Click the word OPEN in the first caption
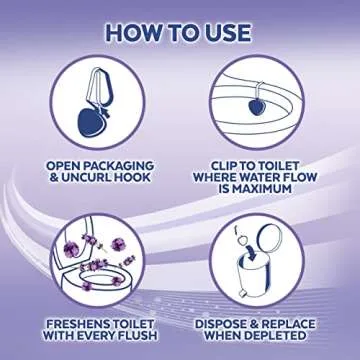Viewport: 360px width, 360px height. pyautogui.click(x=62, y=164)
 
